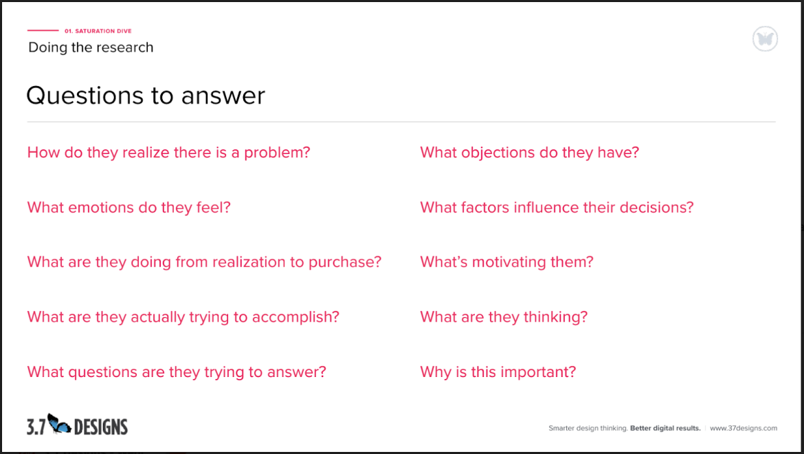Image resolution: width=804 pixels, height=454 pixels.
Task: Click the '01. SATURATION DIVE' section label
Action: (x=98, y=31)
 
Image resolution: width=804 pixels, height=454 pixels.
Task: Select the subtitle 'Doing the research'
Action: (x=91, y=47)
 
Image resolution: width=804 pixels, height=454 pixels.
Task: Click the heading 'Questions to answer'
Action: (x=146, y=96)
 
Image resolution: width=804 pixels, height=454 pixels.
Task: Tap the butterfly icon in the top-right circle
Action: (x=765, y=39)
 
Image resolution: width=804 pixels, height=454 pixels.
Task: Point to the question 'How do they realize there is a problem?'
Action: (x=168, y=152)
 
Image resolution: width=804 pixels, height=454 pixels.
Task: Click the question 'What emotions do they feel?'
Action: (x=129, y=207)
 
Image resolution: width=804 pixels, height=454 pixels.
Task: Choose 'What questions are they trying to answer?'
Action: (x=177, y=372)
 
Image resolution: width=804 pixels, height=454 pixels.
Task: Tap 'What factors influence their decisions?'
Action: (x=557, y=207)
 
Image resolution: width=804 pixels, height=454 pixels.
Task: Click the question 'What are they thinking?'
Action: (x=504, y=317)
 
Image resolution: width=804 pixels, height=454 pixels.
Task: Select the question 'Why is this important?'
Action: (x=498, y=372)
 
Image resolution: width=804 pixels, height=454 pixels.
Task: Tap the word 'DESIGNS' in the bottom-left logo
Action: (x=100, y=427)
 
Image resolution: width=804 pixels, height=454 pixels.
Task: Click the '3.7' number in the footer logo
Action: (x=36, y=427)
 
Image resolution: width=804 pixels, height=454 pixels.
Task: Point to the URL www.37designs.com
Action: (x=744, y=428)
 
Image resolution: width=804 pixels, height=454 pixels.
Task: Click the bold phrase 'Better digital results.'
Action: (x=665, y=428)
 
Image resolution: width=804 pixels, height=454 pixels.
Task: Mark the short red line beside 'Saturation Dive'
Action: (x=43, y=31)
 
